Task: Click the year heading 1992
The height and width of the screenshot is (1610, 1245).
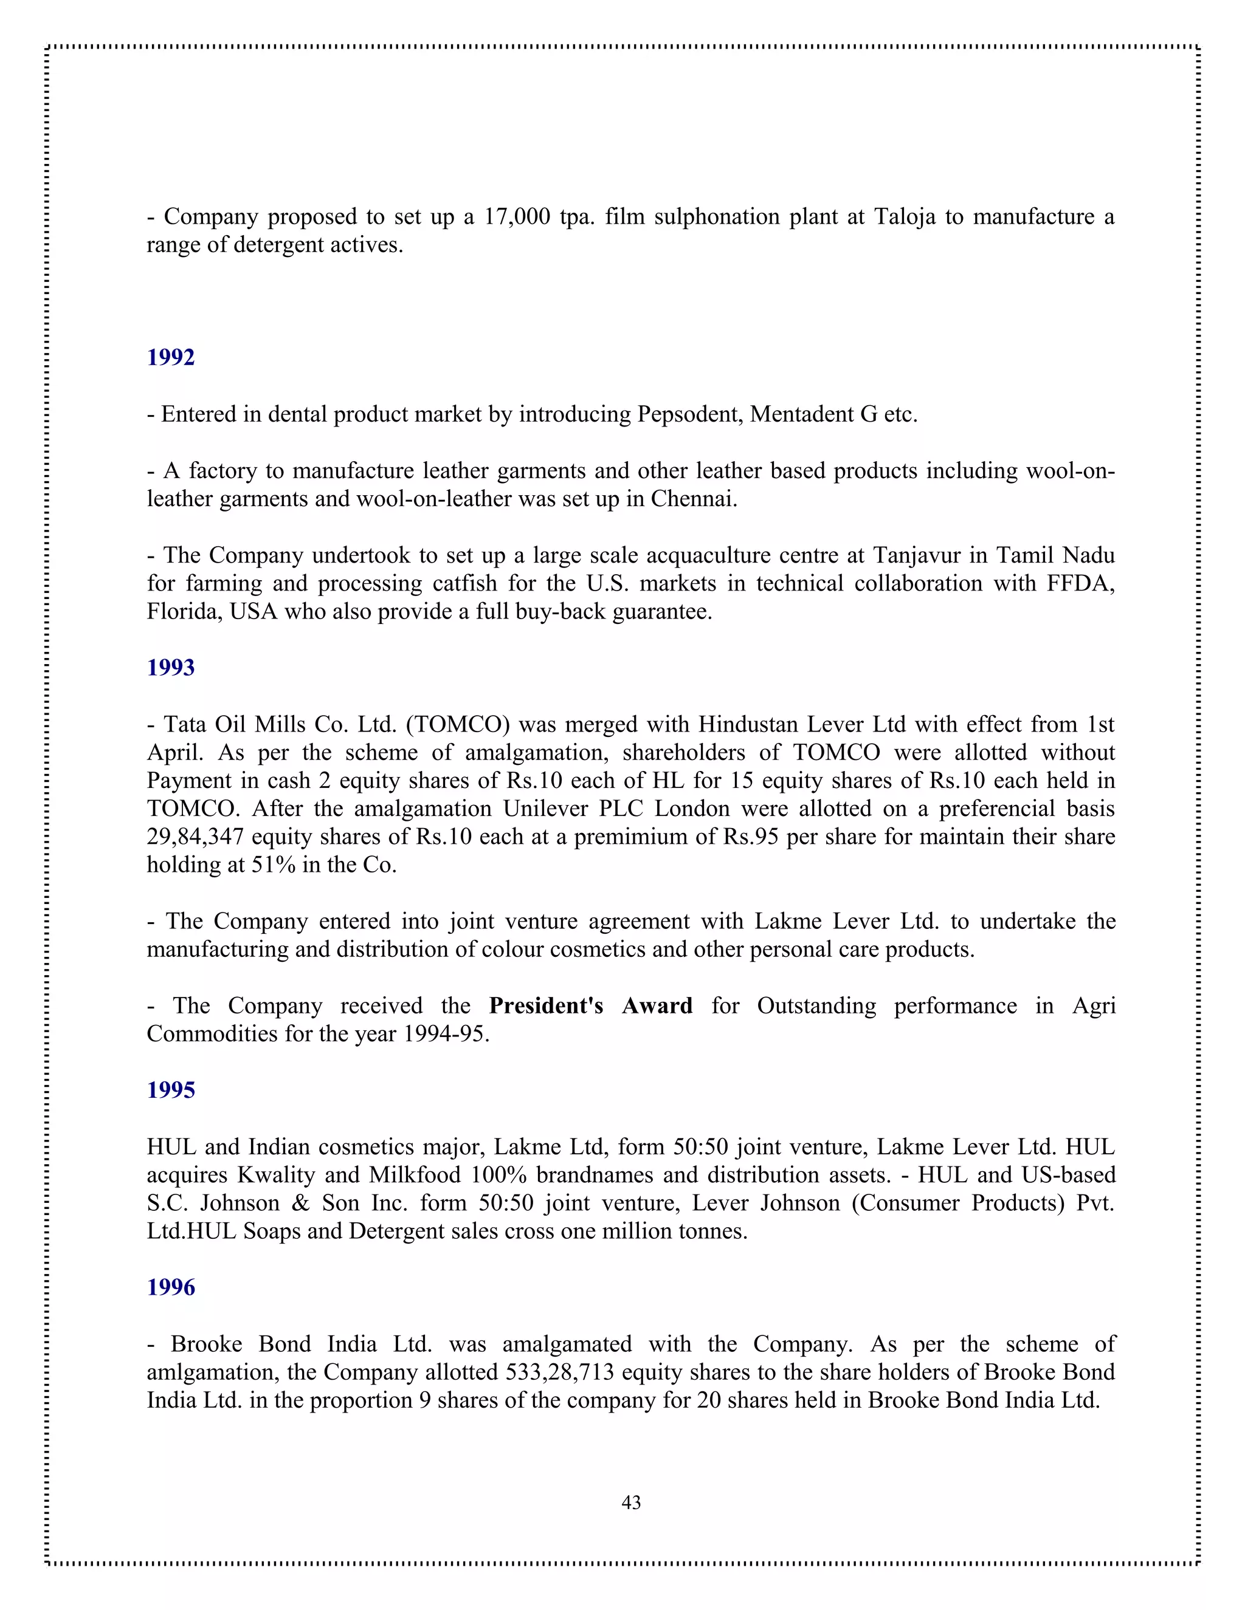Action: tap(170, 357)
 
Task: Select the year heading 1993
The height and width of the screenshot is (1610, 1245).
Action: tap(170, 668)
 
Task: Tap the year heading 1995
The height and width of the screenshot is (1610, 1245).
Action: tap(170, 1091)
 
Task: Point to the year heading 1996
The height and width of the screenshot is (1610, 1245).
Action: tap(170, 1287)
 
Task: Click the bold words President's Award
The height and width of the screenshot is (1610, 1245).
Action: tap(591, 1005)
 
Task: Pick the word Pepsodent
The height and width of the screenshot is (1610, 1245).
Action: tap(689, 414)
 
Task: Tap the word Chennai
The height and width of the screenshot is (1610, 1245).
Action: tap(692, 499)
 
